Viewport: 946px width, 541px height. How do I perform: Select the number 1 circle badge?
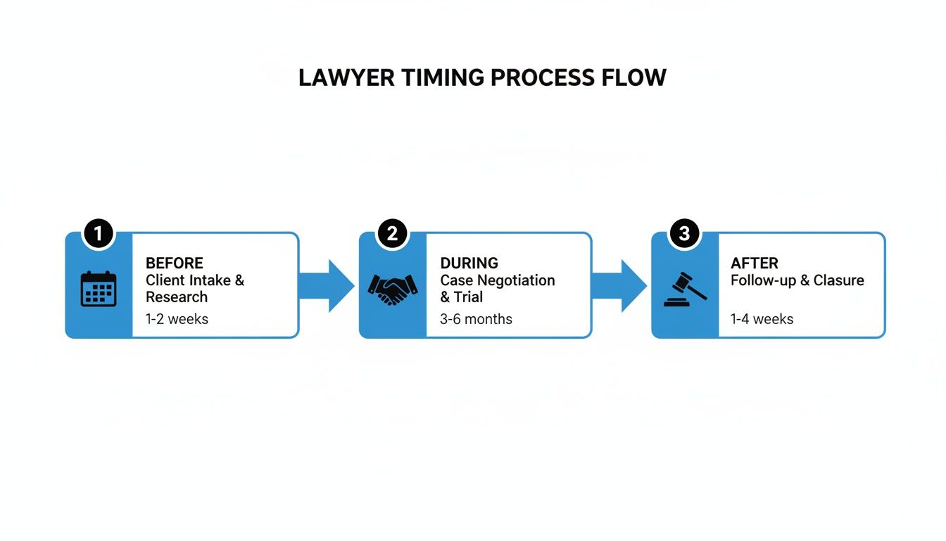(98, 234)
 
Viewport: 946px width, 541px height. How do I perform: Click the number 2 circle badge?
(392, 234)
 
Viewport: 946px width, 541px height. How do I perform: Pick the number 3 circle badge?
(684, 234)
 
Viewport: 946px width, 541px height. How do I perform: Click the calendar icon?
(99, 289)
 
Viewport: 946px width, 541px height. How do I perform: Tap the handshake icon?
(393, 289)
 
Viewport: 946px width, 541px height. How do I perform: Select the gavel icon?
(685, 289)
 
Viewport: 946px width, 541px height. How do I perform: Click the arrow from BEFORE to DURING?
(327, 286)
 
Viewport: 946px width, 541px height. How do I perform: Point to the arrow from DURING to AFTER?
(619, 286)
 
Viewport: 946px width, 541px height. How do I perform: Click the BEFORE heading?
(175, 263)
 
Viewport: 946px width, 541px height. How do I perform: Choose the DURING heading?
(469, 263)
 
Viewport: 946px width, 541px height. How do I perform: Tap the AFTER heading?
(755, 263)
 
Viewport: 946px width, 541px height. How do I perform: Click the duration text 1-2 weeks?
(177, 319)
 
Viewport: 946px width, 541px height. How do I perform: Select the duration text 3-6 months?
(476, 319)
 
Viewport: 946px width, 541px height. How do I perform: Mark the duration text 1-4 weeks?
(762, 319)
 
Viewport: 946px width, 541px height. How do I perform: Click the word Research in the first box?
(177, 297)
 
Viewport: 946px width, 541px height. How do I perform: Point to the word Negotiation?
(514, 280)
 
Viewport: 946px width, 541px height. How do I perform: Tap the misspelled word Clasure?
(839, 280)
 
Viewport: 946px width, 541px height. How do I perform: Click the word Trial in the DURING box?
(468, 297)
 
